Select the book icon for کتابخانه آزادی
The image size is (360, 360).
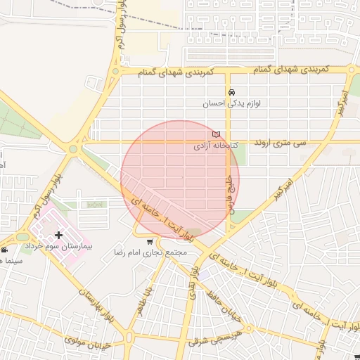point(216,134)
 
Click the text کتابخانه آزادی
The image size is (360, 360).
point(217,146)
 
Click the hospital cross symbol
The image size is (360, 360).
point(58,234)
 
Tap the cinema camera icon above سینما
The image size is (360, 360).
point(5,250)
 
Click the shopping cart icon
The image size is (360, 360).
point(149,241)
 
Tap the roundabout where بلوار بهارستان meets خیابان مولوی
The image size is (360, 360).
point(129,338)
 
